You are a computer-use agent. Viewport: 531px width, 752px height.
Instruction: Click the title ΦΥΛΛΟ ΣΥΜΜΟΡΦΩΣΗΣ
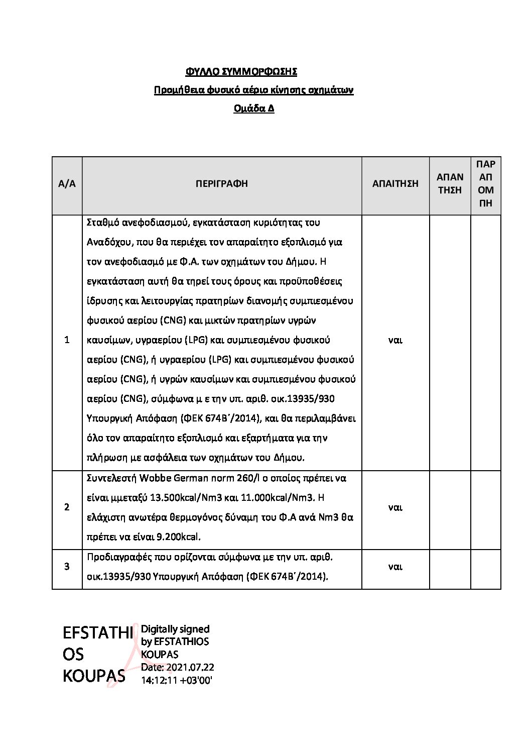coord(241,72)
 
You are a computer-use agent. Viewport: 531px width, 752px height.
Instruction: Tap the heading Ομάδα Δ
coord(254,109)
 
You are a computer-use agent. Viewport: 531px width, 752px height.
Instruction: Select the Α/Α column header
coord(67,184)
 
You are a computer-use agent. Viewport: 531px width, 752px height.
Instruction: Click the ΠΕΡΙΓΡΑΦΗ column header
coord(222,184)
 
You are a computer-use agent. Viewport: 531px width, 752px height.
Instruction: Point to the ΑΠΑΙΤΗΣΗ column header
coord(395,184)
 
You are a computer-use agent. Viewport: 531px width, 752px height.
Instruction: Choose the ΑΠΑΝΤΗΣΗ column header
coord(450,184)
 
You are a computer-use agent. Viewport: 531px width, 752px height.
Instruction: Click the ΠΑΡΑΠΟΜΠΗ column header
coord(486,184)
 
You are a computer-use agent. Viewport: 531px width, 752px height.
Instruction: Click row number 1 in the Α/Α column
coord(67,340)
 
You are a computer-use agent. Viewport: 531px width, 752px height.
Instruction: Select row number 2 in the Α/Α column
coord(67,507)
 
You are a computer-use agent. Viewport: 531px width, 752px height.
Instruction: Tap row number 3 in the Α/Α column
coord(67,567)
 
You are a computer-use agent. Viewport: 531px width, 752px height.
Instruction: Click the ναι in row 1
coord(395,340)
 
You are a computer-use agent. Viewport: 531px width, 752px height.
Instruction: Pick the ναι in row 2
coord(395,507)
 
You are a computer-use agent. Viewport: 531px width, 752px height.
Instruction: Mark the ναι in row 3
coord(395,567)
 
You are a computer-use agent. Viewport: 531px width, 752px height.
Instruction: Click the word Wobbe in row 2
coord(156,478)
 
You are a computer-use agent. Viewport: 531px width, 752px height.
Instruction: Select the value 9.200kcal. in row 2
coord(179,537)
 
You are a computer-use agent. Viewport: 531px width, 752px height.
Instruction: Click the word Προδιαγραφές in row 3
coord(118,557)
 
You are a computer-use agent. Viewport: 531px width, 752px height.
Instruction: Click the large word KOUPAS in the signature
coord(94,676)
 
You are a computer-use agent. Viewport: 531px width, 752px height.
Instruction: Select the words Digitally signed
coord(175,629)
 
